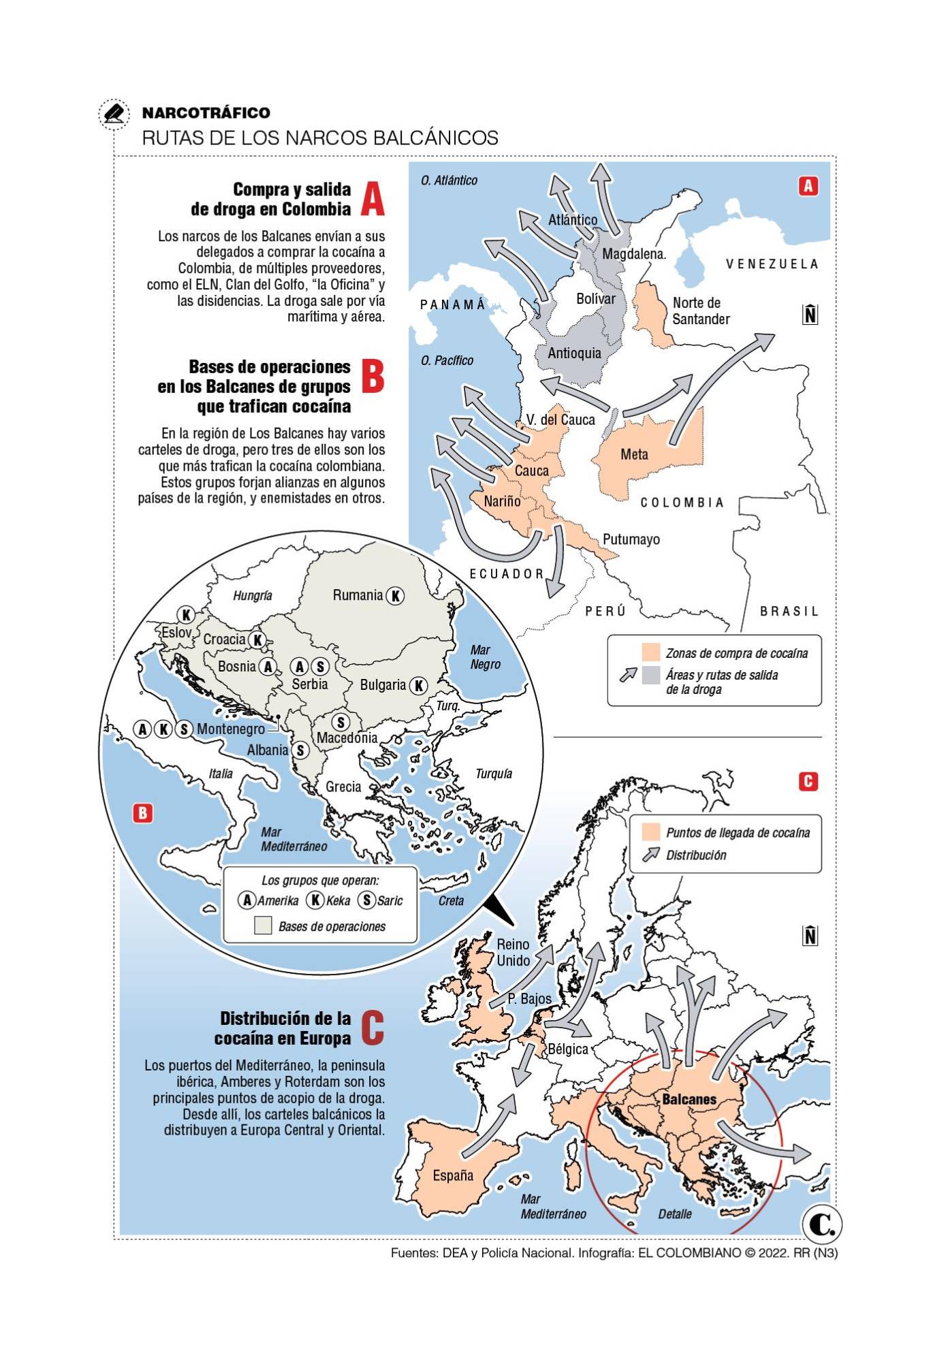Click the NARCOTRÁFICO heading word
point(206,113)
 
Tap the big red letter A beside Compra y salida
point(372,199)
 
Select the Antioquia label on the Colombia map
point(574,353)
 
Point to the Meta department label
point(634,454)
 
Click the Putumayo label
point(631,539)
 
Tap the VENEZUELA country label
point(772,264)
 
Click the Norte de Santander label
point(700,311)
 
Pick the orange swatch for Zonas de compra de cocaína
point(651,652)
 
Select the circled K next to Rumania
point(395,596)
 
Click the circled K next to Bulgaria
point(418,686)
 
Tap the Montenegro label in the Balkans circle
point(231,729)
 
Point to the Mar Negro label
point(484,657)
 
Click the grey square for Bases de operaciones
point(263,925)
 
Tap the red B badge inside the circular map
point(142,813)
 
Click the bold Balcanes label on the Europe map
point(689,1098)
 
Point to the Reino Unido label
point(513,953)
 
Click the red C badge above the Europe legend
point(808,781)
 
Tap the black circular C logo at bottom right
point(822,1225)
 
